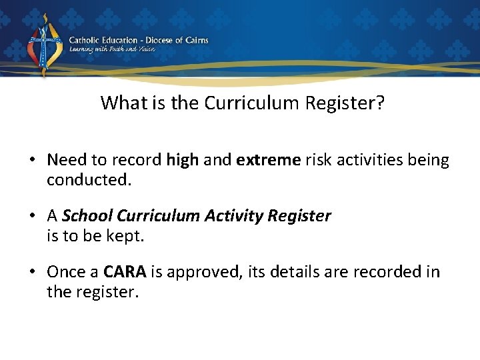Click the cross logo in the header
click(x=44, y=45)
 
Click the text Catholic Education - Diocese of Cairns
click(x=139, y=40)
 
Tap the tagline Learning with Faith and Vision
click(x=112, y=50)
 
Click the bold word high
click(x=182, y=160)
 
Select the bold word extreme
click(x=268, y=160)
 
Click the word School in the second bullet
click(x=87, y=216)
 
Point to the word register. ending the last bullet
click(x=109, y=291)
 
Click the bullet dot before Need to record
click(x=32, y=161)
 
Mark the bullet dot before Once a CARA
click(x=32, y=273)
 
